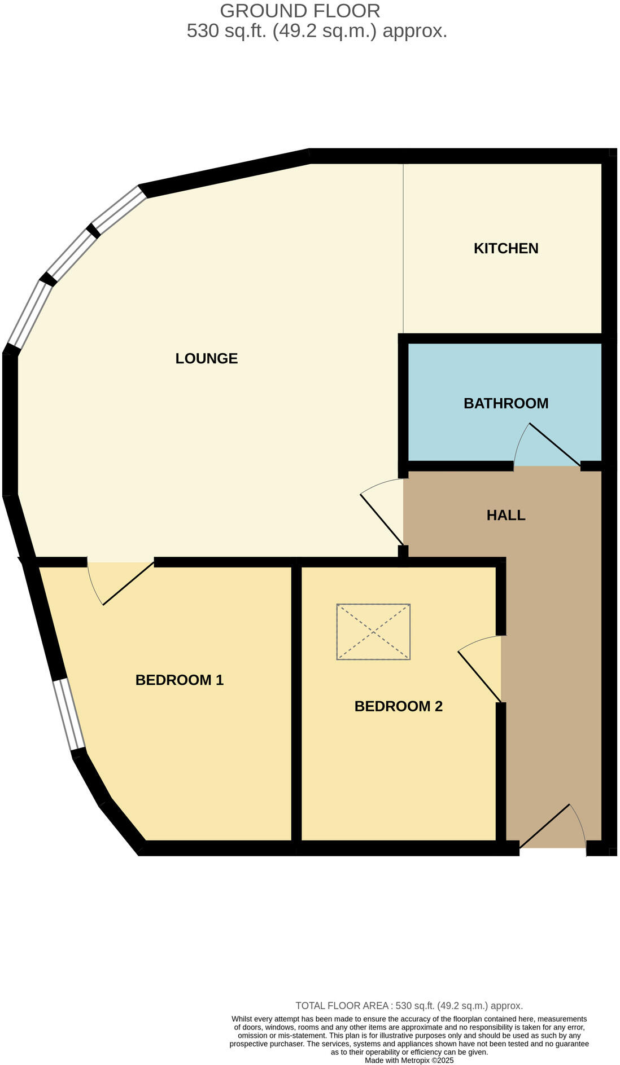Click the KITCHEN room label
tap(505, 248)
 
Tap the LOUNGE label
tap(206, 358)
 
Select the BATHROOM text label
tap(505, 403)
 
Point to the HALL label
tap(505, 515)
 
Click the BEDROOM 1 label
tap(179, 680)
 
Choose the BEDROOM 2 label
tap(398, 706)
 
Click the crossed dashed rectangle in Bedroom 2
tap(373, 631)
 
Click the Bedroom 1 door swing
tap(121, 584)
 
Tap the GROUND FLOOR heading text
tap(300, 11)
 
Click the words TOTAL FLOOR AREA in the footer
tap(342, 1005)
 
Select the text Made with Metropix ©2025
tap(409, 1060)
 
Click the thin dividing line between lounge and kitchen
tap(403, 248)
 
